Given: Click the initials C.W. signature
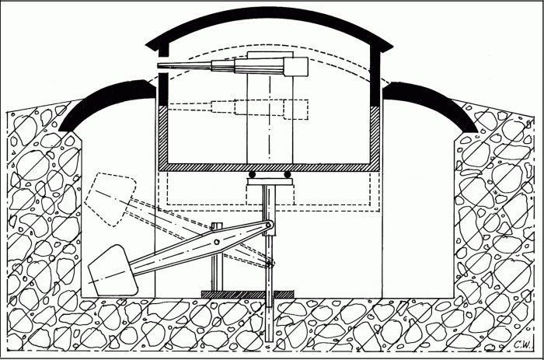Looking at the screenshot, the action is pyautogui.click(x=523, y=344).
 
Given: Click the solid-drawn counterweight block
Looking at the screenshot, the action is pyautogui.click(x=113, y=271).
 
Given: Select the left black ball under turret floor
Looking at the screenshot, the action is pyautogui.click(x=253, y=174).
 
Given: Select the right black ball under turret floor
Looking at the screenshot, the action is pyautogui.click(x=288, y=174).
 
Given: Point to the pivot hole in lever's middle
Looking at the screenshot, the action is pyautogui.click(x=217, y=242).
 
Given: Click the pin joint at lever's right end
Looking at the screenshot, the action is pyautogui.click(x=268, y=225).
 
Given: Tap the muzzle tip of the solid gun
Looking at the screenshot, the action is pyautogui.click(x=159, y=65).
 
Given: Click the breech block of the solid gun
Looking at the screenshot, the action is pyautogui.click(x=296, y=67).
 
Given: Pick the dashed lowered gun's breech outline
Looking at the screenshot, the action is pyautogui.click(x=296, y=110).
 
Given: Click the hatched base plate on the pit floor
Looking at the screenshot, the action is pyautogui.click(x=248, y=295).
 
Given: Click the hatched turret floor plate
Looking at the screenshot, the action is pyautogui.click(x=269, y=167).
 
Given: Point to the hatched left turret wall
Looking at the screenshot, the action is pyautogui.click(x=163, y=135).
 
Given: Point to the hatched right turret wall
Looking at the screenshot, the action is pyautogui.click(x=375, y=135).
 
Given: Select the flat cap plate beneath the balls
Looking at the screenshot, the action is pyautogui.click(x=270, y=181).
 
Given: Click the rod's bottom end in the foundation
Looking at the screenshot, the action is pyautogui.click(x=269, y=340).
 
